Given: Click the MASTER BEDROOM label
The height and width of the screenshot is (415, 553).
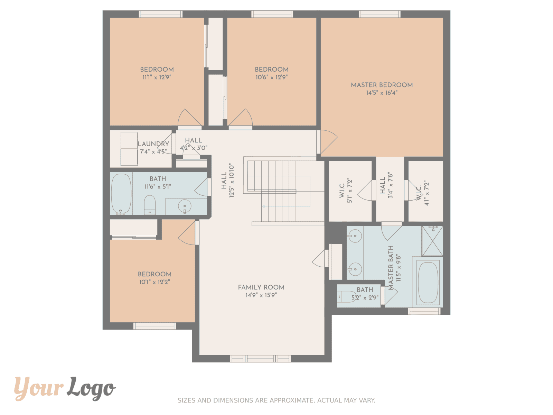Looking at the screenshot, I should [382, 85].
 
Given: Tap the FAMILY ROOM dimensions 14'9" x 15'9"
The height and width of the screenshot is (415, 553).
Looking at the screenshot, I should [261, 295].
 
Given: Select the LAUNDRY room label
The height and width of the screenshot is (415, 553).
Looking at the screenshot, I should [153, 144].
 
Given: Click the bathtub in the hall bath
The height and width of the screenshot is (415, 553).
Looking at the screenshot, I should [121, 194].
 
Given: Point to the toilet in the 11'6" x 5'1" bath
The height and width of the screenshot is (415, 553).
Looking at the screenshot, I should [150, 205].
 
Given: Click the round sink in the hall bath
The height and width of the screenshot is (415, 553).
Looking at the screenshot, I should [185, 206].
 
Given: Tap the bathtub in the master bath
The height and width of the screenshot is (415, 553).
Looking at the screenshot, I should [428, 282].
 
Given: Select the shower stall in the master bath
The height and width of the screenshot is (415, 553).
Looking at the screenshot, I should [432, 241].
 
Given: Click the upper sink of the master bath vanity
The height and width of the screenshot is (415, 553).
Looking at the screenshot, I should [355, 236].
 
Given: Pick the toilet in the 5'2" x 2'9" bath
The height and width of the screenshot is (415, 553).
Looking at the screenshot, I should [346, 297].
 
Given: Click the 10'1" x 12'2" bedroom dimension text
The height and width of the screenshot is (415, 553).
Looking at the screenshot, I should [154, 282].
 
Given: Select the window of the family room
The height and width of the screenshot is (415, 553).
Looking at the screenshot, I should [260, 359].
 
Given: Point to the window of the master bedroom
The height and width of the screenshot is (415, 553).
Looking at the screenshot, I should [379, 14].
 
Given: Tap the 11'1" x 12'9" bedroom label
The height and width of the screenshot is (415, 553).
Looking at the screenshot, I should [157, 70].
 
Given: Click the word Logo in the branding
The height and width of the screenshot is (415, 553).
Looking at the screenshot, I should [91, 388].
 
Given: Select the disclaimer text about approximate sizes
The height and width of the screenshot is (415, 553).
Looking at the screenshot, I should [276, 400].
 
